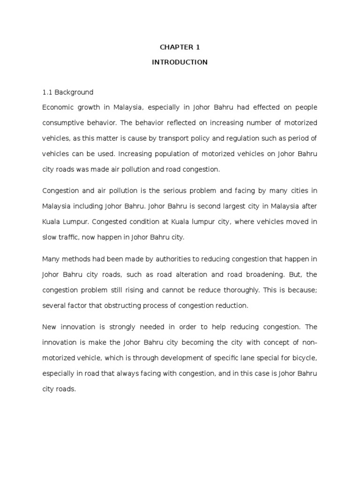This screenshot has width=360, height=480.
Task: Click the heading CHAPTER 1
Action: coord(180,47)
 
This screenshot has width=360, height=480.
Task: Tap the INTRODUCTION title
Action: coord(180,62)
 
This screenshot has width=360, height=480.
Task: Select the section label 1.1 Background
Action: coord(67,92)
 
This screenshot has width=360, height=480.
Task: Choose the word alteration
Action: coord(197,274)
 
